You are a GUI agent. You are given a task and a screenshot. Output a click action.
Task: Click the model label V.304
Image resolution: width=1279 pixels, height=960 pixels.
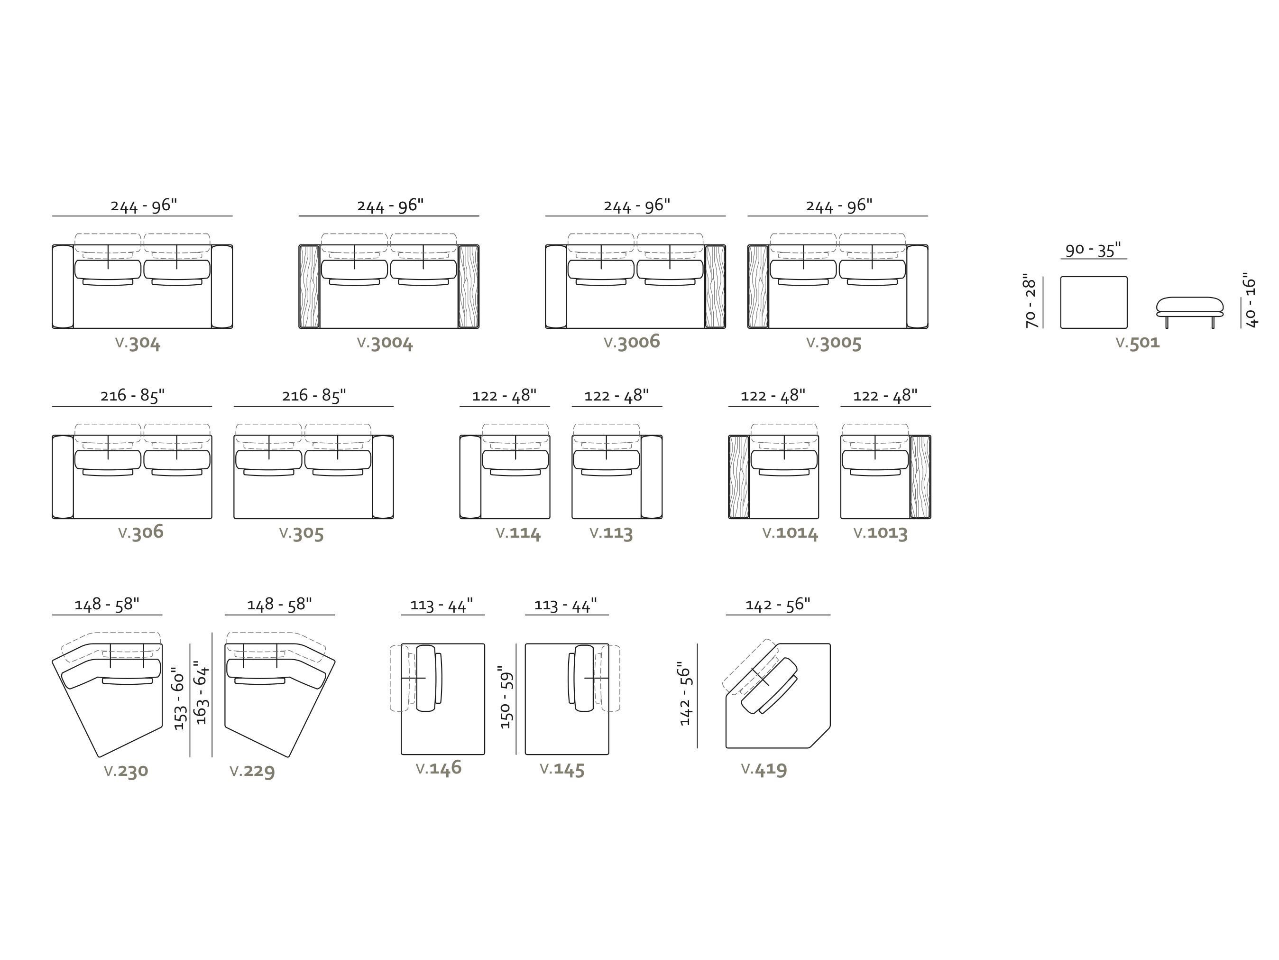click(x=138, y=343)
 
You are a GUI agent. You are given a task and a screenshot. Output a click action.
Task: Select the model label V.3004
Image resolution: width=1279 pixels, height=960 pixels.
click(x=385, y=343)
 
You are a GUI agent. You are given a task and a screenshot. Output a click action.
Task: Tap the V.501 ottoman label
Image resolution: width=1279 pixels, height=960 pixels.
click(x=1137, y=343)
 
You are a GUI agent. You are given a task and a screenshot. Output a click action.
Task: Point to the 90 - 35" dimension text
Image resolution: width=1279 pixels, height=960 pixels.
click(x=1093, y=250)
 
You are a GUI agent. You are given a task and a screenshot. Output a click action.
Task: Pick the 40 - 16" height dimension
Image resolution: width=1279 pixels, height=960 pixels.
click(x=1250, y=300)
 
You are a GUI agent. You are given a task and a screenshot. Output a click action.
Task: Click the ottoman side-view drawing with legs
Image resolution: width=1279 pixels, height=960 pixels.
click(x=1190, y=312)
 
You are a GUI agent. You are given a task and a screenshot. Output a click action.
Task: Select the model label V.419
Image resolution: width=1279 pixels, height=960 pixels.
click(x=764, y=769)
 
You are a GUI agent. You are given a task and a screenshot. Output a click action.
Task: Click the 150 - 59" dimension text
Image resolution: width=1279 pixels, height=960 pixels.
click(x=506, y=697)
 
